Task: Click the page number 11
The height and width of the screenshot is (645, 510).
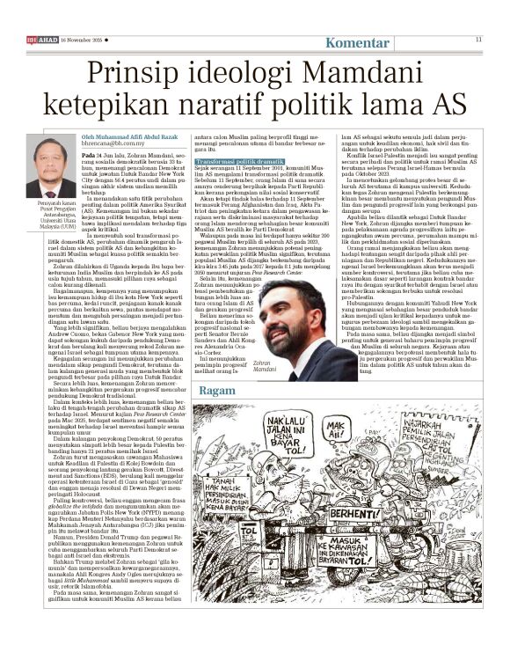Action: (478, 40)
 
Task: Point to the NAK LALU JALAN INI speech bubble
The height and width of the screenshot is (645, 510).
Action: (246, 435)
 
